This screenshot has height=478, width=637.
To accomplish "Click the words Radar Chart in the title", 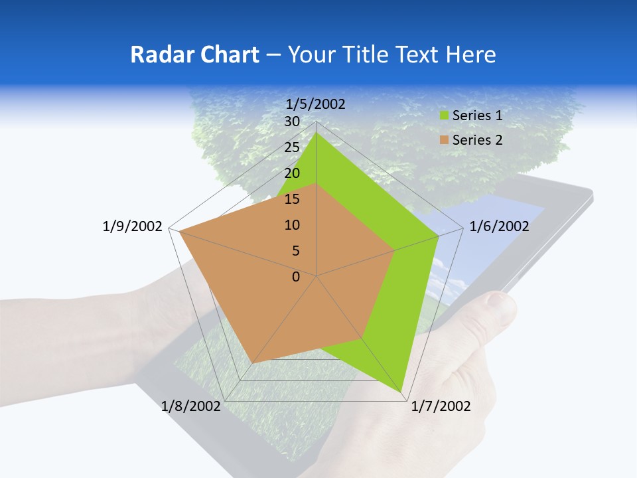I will point(194,55).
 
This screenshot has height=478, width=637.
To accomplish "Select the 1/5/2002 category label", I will point(315,104).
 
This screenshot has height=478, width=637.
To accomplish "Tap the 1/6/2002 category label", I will point(499,226).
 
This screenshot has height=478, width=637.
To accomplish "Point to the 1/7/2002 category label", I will point(441,406).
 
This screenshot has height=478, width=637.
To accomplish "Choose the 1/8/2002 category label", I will point(191,406).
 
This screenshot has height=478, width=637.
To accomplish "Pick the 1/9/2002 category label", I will point(133,226).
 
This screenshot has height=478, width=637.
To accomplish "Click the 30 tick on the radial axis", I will point(292,121).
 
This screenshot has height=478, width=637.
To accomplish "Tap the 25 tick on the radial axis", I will point(292,147).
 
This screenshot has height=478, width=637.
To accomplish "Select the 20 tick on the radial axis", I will point(292,173).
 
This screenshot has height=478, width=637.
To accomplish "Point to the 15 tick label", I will point(292,199).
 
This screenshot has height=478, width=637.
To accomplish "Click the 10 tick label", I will point(292,225).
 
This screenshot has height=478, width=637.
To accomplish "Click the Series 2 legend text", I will point(477,140).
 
